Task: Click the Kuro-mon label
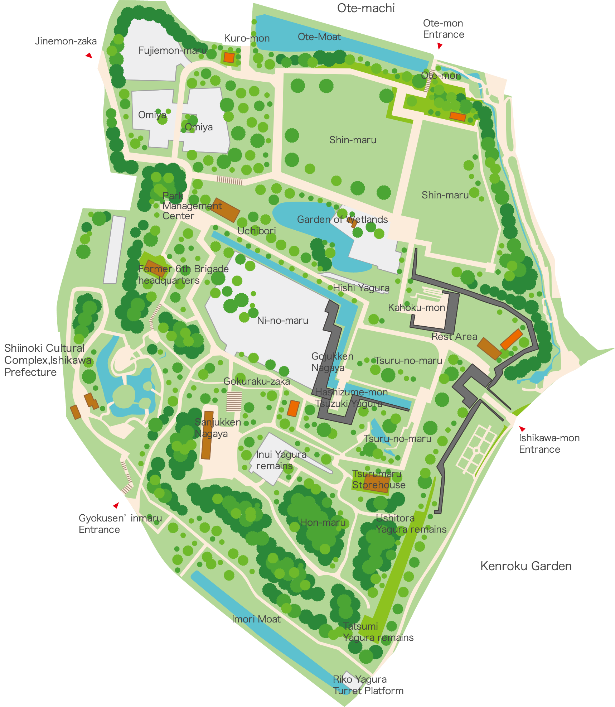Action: [247, 38]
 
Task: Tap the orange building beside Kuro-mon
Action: [229, 57]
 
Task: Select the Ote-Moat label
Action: [319, 37]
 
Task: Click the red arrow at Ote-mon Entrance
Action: [440, 46]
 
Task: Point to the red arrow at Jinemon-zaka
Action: [89, 56]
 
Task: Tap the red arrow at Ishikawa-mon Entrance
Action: [522, 428]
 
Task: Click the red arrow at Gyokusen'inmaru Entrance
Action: [116, 505]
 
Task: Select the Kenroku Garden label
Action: [526, 566]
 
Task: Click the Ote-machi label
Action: [365, 8]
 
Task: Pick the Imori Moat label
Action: [256, 619]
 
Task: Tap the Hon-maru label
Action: [323, 523]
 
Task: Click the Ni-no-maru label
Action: [282, 321]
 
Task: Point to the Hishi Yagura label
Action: [361, 288]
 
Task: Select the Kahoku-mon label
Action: [416, 308]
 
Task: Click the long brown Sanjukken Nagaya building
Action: [207, 435]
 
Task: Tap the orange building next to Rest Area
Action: [511, 339]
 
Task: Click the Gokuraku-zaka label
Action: [256, 381]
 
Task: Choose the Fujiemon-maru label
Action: [172, 50]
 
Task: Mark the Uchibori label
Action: [256, 231]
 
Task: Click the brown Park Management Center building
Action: [225, 210]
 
